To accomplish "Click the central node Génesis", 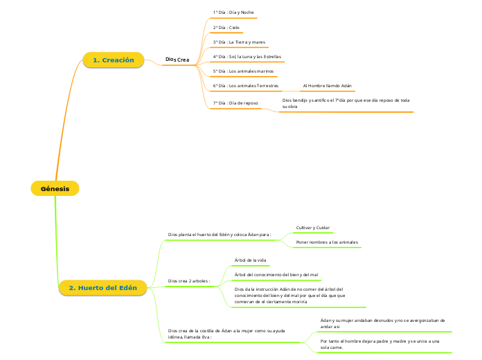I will point(55,188).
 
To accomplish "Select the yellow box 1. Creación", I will point(113,60).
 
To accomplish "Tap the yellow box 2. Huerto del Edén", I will point(102,288).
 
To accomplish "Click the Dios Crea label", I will point(177,60).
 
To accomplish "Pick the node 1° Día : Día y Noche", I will point(233,13).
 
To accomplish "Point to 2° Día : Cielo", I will point(226,28).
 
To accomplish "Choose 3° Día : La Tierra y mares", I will point(239,42).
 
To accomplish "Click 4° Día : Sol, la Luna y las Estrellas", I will point(247,57).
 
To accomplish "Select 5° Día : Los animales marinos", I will point(243,71).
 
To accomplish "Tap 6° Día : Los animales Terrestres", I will point(246,86).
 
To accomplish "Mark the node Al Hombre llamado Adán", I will point(328,86).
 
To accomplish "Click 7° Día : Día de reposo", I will point(235,102).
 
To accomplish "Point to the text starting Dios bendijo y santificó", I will point(346,103).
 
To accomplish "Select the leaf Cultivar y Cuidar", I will point(313,228).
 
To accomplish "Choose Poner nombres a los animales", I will point(327,242).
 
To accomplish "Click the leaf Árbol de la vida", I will point(251,260).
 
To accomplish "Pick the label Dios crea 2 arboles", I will point(189,281).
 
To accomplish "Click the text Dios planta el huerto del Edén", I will point(219,235).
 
